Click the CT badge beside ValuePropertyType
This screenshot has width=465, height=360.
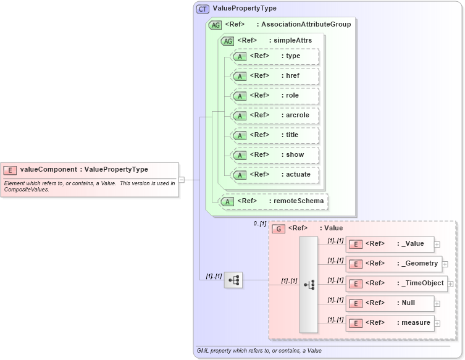click(x=203, y=9)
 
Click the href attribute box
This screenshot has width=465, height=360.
click(x=274, y=76)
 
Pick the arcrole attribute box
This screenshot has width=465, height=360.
click(x=274, y=115)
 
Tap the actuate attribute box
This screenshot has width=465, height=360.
click(x=274, y=175)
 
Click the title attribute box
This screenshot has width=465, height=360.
click(x=274, y=135)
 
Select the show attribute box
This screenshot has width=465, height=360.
click(x=274, y=155)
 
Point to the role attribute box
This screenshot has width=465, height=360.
click(x=274, y=96)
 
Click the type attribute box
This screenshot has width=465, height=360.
click(x=274, y=56)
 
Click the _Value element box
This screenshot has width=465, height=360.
click(x=389, y=244)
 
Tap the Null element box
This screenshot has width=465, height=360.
click(x=389, y=303)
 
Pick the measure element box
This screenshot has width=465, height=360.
click(x=389, y=323)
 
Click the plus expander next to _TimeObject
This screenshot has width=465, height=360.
click(x=450, y=284)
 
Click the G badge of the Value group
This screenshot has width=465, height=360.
click(x=279, y=228)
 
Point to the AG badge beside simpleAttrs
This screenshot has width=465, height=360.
click(x=228, y=41)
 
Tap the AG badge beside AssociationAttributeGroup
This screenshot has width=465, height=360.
click(x=216, y=25)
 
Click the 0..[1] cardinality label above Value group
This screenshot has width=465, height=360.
click(x=260, y=224)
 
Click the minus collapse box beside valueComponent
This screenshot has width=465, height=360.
click(x=181, y=179)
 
